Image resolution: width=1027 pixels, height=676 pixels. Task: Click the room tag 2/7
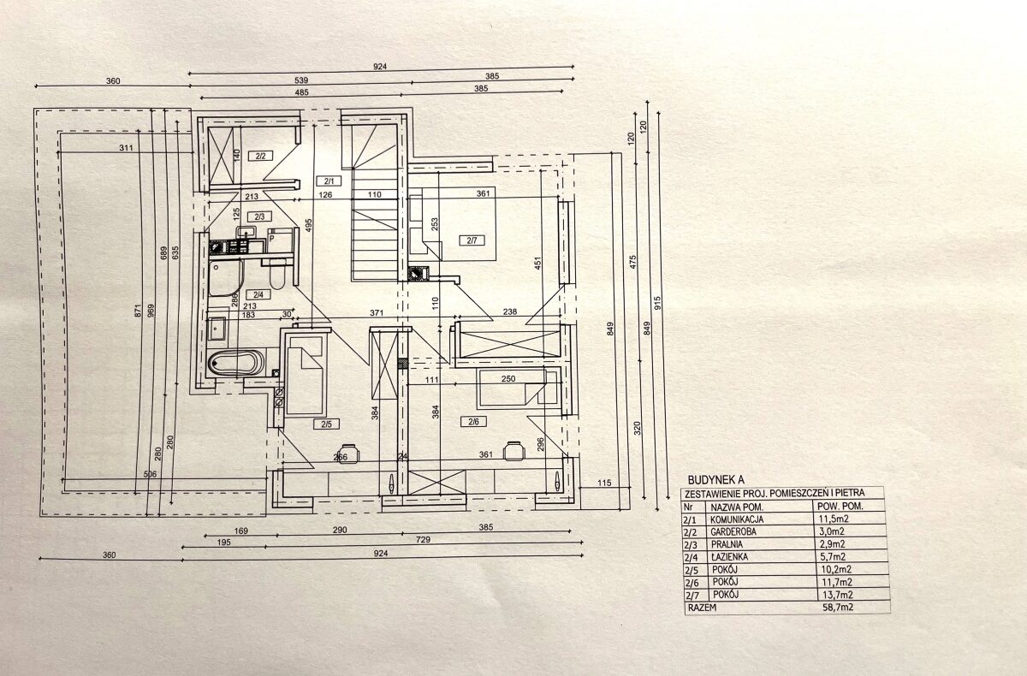(472, 240)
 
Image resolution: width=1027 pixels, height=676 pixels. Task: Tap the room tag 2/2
(260, 156)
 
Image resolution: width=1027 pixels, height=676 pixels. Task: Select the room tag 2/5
(326, 424)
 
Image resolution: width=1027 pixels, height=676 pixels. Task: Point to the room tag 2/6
(473, 421)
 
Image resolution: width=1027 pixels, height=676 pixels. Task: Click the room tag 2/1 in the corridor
(329, 181)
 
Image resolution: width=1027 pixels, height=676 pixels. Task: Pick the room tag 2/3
(259, 216)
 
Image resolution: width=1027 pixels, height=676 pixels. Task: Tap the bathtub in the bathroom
(235, 364)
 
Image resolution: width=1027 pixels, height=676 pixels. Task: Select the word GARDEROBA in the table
(733, 531)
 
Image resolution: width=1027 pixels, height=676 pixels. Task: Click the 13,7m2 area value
(836, 595)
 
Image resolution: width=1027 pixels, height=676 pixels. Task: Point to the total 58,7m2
(838, 608)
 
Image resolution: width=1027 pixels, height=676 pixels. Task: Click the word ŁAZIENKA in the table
(729, 557)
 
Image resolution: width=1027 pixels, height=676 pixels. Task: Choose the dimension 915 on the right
(657, 303)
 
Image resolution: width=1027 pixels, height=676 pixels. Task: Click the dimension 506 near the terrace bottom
(150, 474)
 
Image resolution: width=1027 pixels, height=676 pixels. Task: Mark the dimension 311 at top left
(126, 147)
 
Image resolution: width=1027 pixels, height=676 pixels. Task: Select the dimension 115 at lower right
(604, 483)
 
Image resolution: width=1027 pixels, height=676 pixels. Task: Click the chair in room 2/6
(513, 451)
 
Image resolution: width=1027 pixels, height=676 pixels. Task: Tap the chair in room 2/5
(349, 453)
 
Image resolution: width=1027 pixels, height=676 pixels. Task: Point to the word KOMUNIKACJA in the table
(737, 519)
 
